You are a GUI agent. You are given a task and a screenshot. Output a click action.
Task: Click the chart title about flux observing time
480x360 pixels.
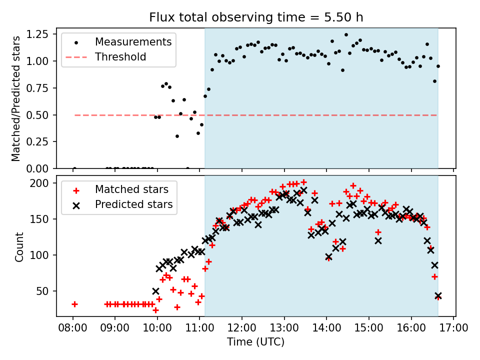pos(256,17)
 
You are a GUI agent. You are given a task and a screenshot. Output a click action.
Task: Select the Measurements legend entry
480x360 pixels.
pos(133,41)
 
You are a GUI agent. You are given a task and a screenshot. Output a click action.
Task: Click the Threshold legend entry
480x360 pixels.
pos(121,57)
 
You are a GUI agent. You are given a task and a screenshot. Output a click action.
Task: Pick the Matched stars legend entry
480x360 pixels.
pos(132,189)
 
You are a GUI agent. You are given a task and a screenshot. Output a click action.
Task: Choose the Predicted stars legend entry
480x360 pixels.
pos(134,204)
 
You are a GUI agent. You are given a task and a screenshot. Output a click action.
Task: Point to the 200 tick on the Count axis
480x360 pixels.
pos(43,183)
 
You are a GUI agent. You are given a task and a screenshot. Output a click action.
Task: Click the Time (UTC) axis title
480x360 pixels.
pos(256,342)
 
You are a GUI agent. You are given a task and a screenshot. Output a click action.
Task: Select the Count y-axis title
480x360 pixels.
pos(19,246)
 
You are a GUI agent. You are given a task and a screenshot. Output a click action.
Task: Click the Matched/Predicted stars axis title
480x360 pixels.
pos(16,98)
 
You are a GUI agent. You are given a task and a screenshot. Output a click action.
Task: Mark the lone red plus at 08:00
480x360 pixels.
pos(74,304)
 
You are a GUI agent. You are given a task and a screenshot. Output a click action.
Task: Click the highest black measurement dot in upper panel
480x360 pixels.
pos(346,34)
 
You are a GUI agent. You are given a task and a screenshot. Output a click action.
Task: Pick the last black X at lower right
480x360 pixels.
pos(438,296)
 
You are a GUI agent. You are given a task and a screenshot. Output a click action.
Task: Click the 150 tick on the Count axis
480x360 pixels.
pos(43,219)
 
